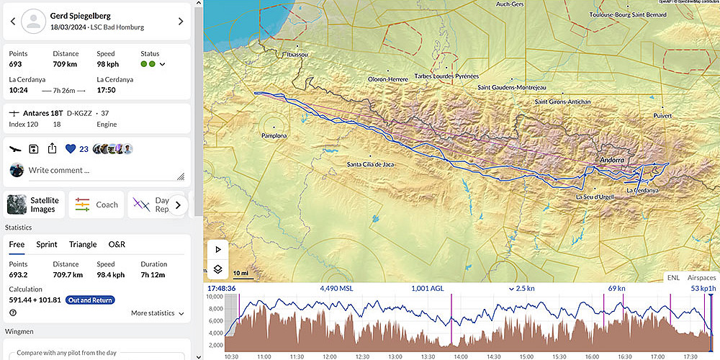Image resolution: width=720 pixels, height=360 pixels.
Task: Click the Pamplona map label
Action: click(x=274, y=135)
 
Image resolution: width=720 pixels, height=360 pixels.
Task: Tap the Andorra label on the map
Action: click(x=611, y=160)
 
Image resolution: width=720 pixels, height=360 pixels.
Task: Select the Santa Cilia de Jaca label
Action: click(x=370, y=165)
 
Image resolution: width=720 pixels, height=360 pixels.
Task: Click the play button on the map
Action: click(x=217, y=249)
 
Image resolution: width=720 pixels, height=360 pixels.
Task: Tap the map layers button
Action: click(x=217, y=270)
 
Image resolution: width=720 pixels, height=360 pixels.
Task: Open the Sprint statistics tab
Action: click(x=47, y=245)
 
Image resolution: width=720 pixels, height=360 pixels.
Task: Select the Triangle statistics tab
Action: click(x=83, y=245)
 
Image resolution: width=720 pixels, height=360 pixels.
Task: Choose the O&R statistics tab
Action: click(x=117, y=245)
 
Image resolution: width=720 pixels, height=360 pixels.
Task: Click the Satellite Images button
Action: click(x=35, y=204)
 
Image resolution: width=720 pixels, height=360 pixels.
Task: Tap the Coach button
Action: click(x=97, y=204)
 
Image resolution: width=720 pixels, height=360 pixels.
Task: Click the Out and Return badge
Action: click(x=89, y=300)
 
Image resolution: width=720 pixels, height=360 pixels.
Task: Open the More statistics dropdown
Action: click(x=157, y=313)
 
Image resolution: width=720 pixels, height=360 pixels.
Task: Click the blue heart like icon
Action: click(x=71, y=149)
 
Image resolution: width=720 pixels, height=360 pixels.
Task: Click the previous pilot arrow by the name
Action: click(x=12, y=22)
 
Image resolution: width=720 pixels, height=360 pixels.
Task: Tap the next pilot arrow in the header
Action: click(x=180, y=22)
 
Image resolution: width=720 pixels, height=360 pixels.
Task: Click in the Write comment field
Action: click(x=101, y=171)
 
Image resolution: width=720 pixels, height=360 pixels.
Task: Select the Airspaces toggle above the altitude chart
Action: click(x=701, y=277)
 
